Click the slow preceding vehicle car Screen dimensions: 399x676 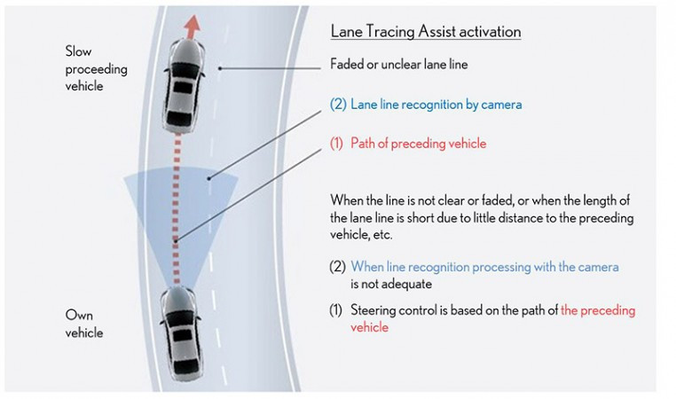pos(182,84)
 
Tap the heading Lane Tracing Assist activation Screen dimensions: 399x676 pos(425,31)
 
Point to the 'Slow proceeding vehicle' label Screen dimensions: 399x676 pos(97,68)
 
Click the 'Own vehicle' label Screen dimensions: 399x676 pos(84,324)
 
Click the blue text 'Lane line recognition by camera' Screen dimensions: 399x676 pos(436,105)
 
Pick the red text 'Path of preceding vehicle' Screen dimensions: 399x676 pos(418,144)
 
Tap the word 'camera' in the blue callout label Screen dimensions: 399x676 pos(501,105)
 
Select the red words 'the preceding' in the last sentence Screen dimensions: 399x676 pos(598,311)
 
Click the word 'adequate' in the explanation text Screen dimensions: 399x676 pos(410,286)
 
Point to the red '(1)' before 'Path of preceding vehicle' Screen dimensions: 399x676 pos(336,144)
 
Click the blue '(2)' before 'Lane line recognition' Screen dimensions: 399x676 pos(337,105)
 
